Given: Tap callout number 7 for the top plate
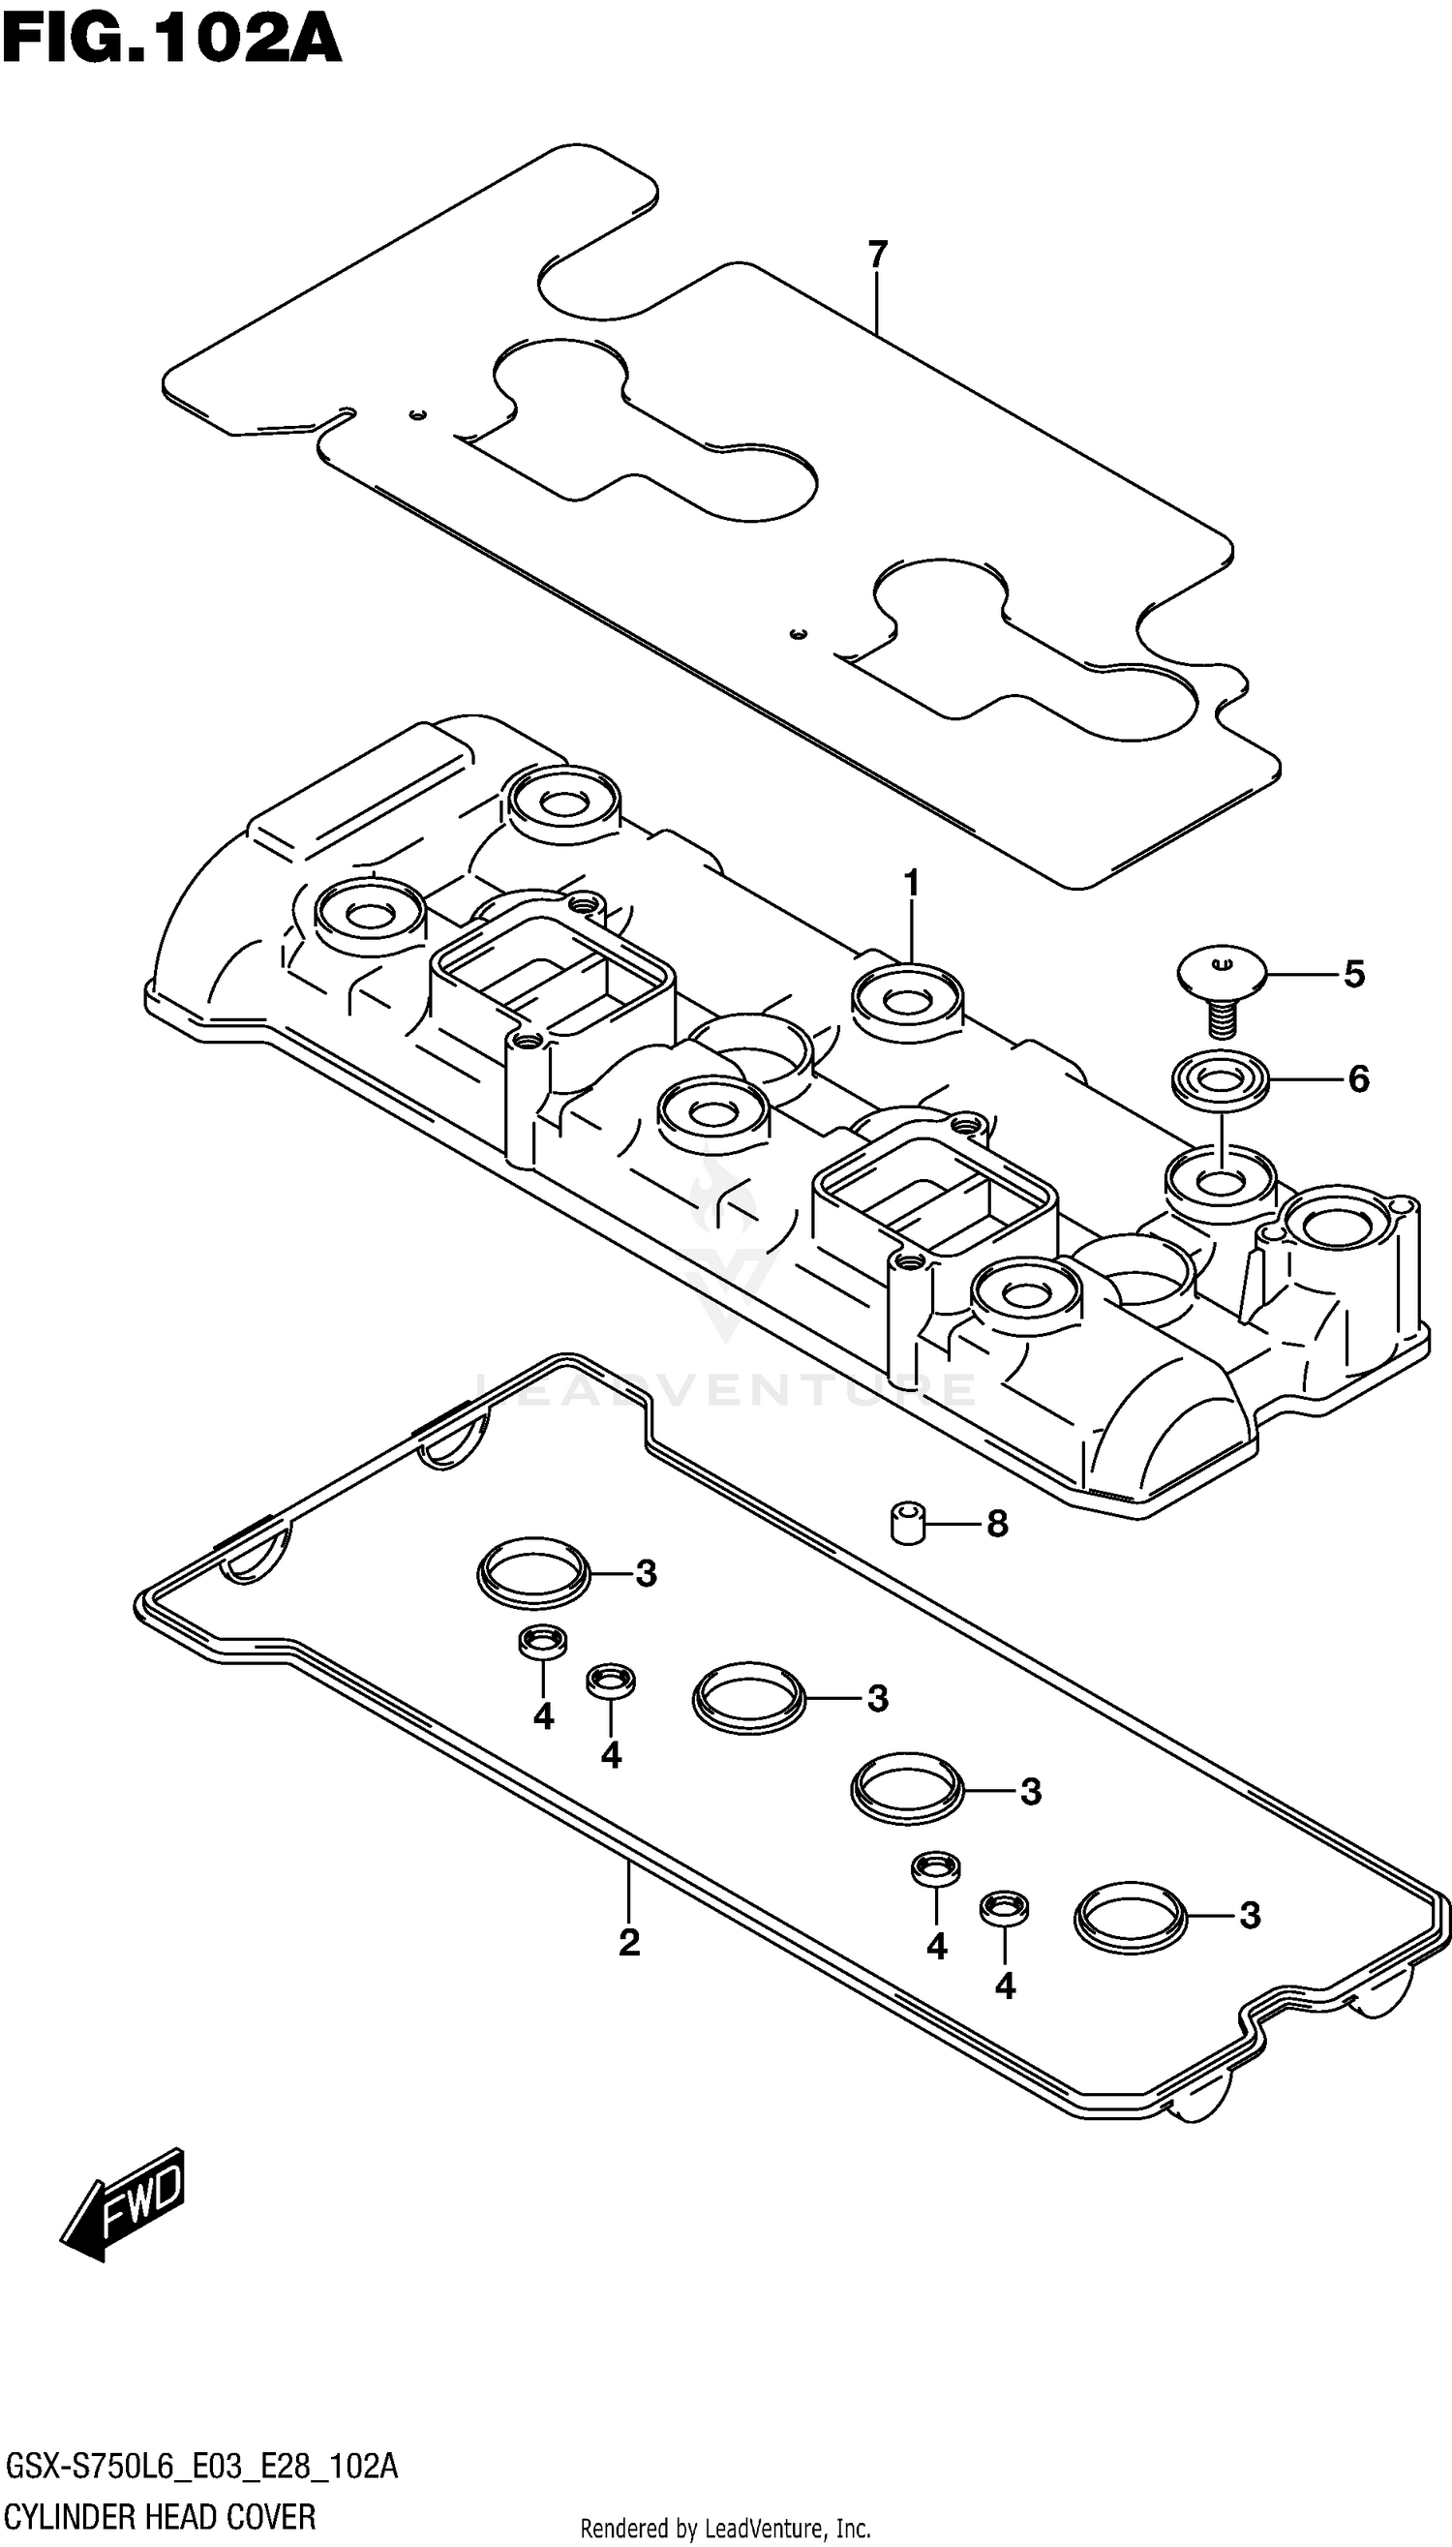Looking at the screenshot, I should pyautogui.click(x=877, y=256).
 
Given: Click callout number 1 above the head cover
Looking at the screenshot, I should pyautogui.click(x=911, y=884).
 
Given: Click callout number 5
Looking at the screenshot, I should pyautogui.click(x=1353, y=973).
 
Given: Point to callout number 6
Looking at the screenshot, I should pyautogui.click(x=1358, y=1078).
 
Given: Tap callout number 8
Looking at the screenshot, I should pyautogui.click(x=997, y=1524).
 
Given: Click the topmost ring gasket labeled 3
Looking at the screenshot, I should pyautogui.click(x=533, y=1573).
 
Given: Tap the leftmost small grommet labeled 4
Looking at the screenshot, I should pyautogui.click(x=542, y=1641).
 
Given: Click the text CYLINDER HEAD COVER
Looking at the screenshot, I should pyautogui.click(x=161, y=2517).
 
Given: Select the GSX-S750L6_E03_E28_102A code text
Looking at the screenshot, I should pyautogui.click(x=201, y=2468).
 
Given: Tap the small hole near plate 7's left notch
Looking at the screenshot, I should pyautogui.click(x=419, y=414).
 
